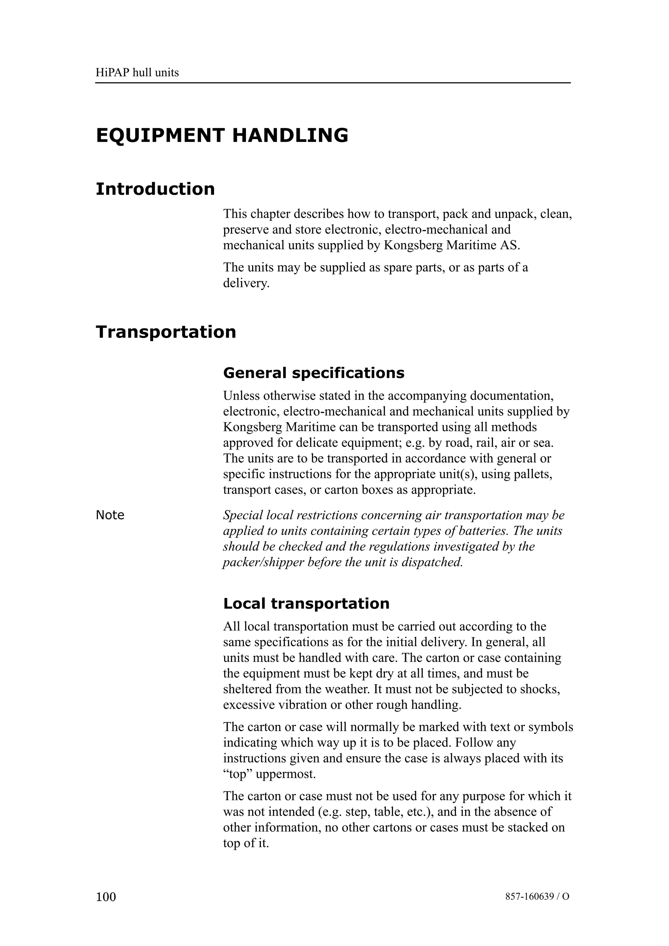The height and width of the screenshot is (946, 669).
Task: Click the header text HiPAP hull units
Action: point(137,73)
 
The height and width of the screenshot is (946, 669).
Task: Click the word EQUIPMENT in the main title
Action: point(160,136)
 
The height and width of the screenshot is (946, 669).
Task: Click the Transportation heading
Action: point(166,332)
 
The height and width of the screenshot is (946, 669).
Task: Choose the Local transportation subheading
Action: point(306,604)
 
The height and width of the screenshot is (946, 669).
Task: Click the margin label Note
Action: point(110,515)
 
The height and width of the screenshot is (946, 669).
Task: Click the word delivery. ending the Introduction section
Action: point(246,283)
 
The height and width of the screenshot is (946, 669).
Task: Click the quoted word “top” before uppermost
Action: point(238,774)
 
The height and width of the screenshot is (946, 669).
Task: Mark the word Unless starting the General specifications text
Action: point(241,396)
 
